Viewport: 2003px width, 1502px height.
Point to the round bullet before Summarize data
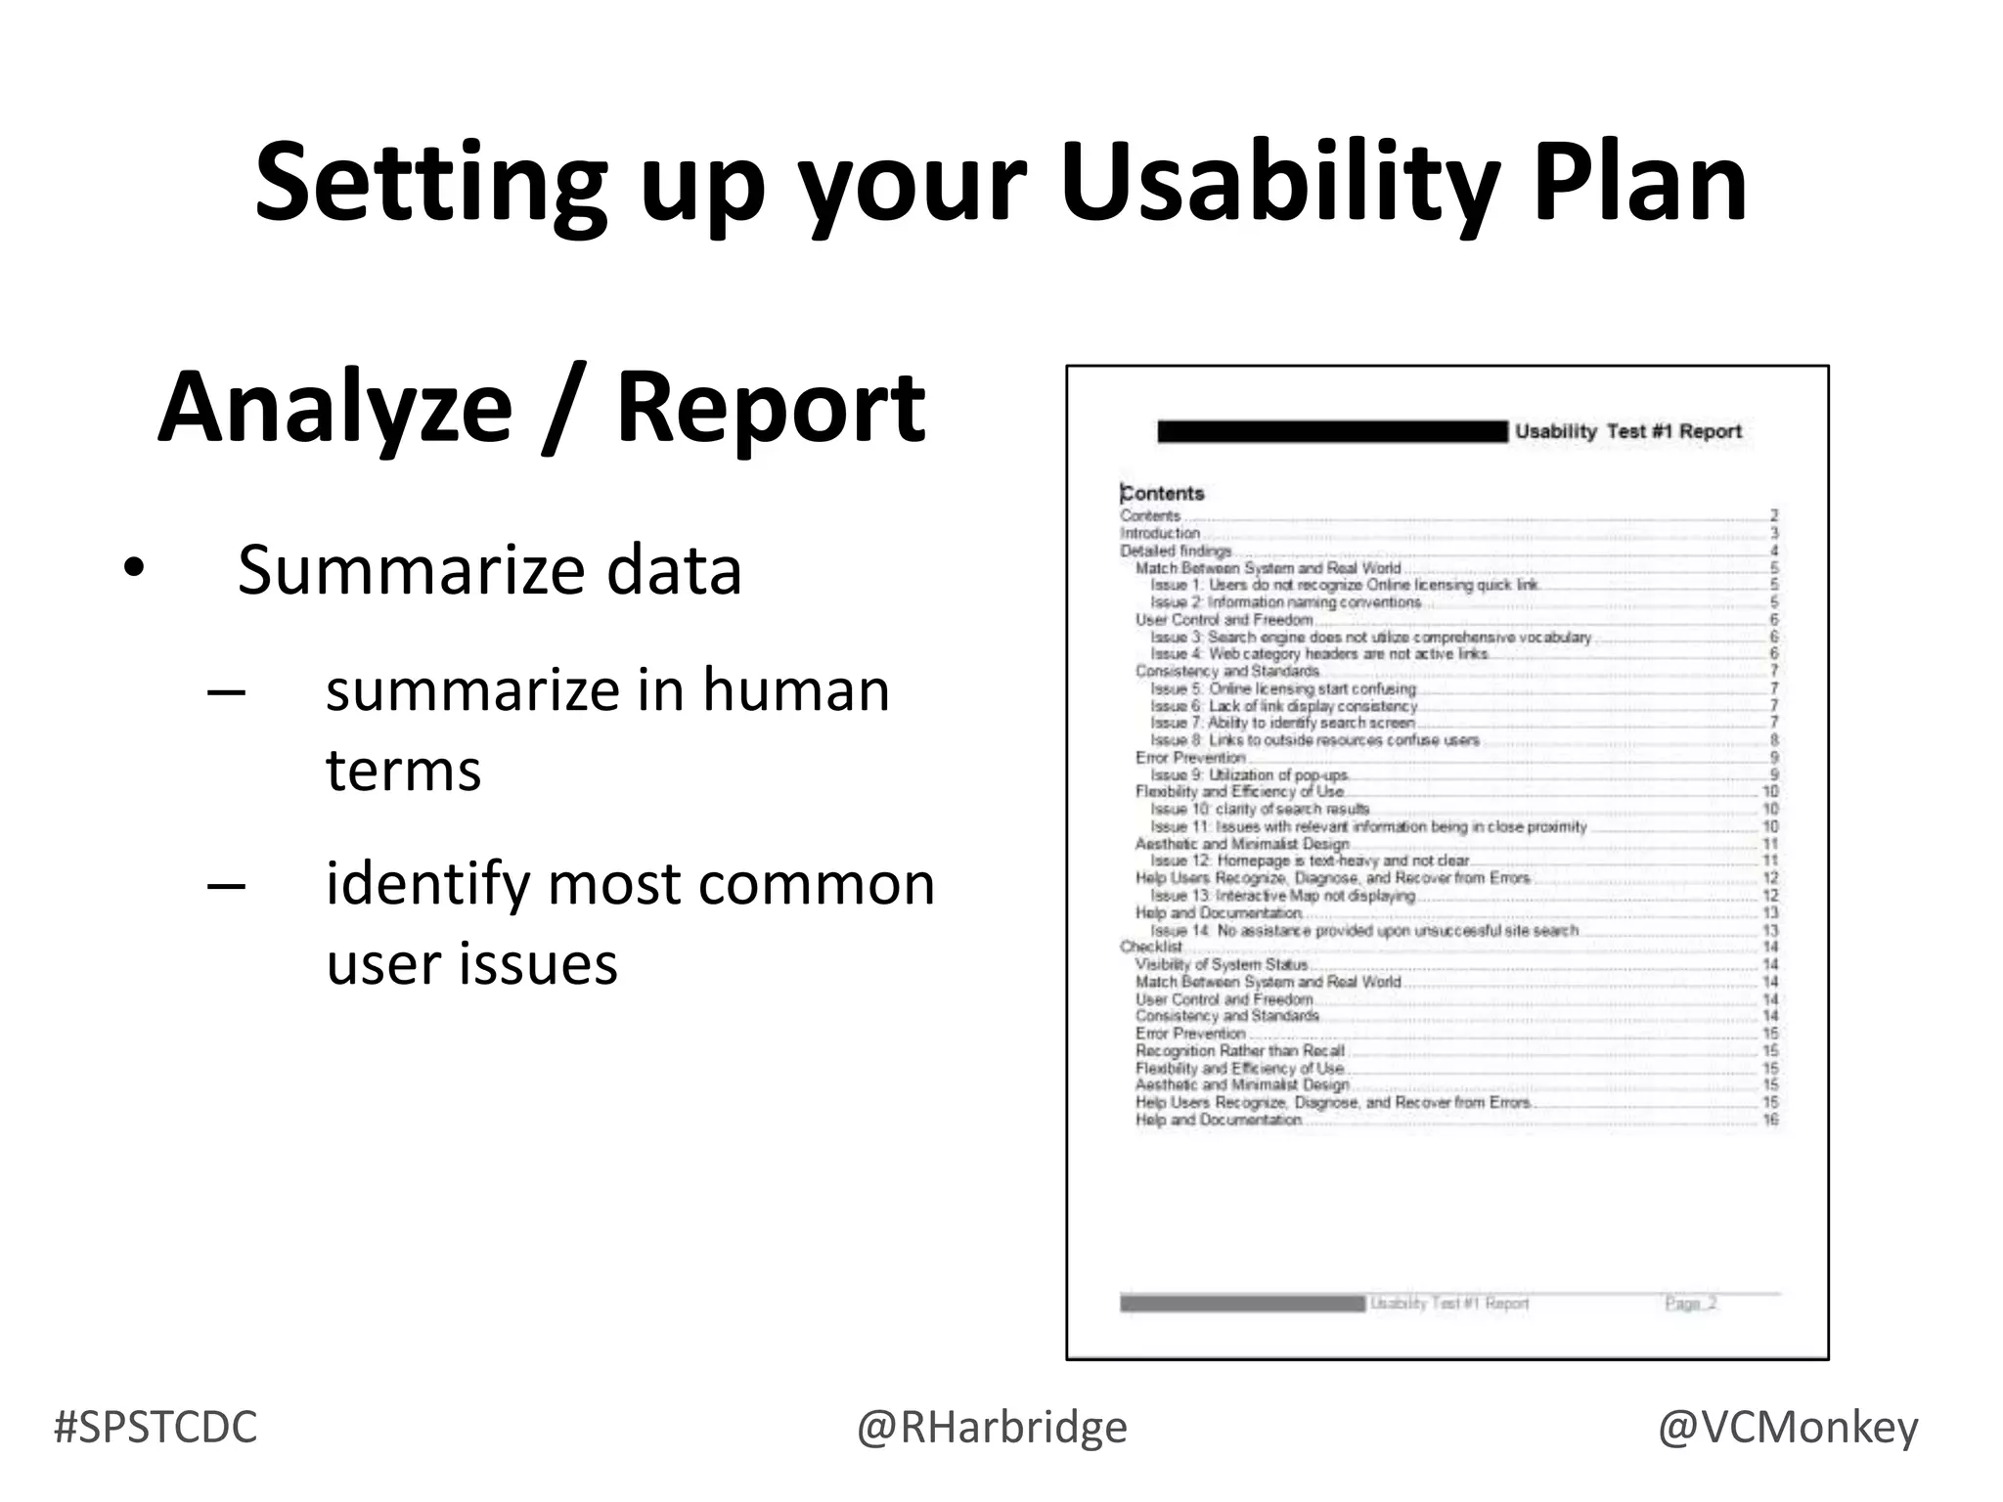coord(133,568)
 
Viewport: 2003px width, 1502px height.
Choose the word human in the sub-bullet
coord(795,690)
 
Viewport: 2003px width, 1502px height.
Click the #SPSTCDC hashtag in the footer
coord(156,1428)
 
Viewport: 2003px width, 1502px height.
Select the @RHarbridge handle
coord(992,1428)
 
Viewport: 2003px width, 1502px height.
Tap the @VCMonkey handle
coord(1788,1428)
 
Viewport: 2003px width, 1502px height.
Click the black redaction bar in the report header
coord(1332,431)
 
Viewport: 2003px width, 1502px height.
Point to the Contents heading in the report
coord(1163,494)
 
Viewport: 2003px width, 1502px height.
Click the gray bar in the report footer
coord(1242,1303)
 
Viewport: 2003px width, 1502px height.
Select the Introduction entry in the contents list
coord(1160,533)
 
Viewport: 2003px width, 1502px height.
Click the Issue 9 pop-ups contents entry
coord(1249,775)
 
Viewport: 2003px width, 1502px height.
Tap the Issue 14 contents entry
coord(1363,930)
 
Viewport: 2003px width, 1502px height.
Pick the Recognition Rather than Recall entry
coord(1239,1050)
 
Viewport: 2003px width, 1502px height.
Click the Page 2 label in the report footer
coord(1690,1303)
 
